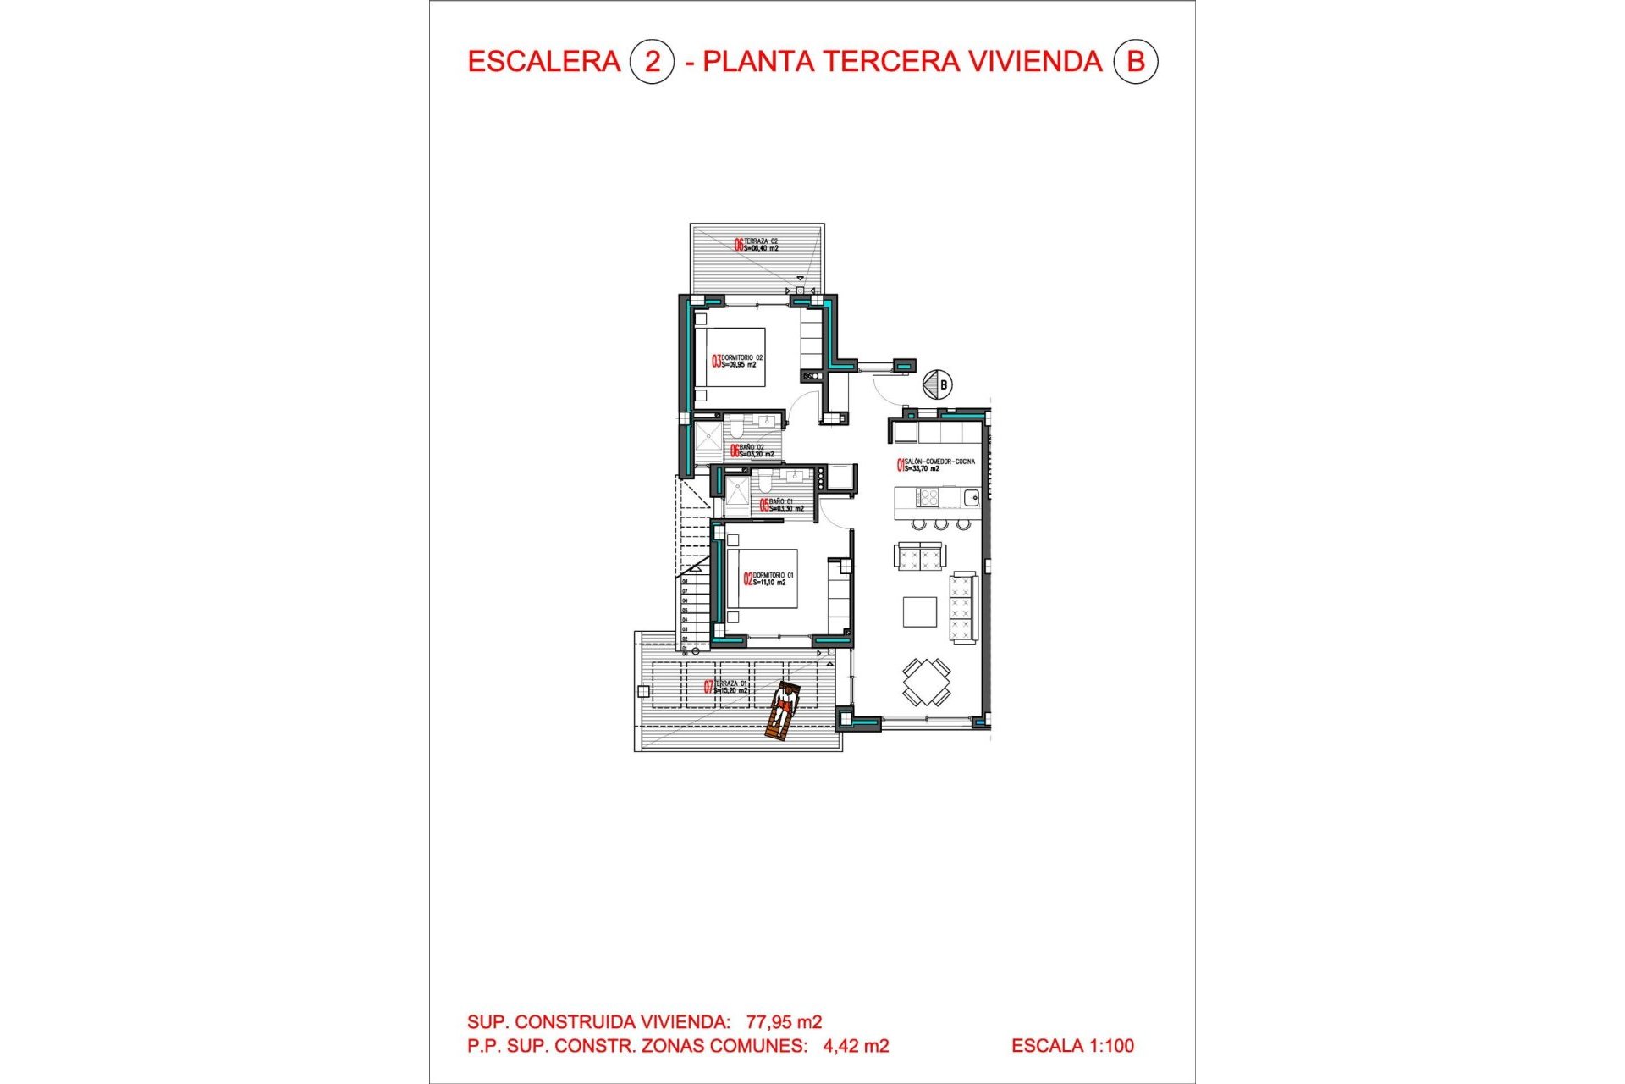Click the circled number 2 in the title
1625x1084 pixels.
[652, 62]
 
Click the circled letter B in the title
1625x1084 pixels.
[1135, 62]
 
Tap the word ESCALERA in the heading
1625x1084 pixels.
[544, 62]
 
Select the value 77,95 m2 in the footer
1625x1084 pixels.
[784, 1022]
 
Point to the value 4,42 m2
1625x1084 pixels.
[856, 1046]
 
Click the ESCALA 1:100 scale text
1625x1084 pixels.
[1072, 1046]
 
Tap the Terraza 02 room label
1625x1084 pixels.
[757, 245]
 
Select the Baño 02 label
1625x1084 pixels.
[752, 451]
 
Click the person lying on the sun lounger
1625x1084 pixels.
[783, 710]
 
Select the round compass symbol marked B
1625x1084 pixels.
[937, 384]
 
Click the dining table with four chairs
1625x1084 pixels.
[926, 682]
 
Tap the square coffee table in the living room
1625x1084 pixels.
[920, 611]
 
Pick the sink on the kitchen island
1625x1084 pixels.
[971, 498]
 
